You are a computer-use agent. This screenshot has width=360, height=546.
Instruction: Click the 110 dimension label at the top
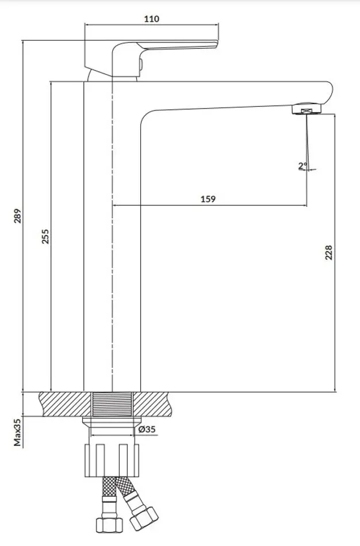[152, 19]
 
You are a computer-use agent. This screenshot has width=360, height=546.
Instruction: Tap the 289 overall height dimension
[18, 216]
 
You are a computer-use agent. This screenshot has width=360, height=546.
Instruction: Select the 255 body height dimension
[45, 236]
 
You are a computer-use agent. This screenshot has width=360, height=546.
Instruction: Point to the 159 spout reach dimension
[208, 199]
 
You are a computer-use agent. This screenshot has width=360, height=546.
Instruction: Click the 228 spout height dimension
[328, 252]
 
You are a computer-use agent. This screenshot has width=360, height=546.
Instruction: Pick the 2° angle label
[302, 166]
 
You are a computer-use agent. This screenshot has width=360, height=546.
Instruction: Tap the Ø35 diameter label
[147, 429]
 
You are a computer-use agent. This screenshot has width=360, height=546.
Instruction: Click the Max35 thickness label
[18, 432]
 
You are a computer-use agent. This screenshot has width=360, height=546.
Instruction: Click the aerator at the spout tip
[306, 109]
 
